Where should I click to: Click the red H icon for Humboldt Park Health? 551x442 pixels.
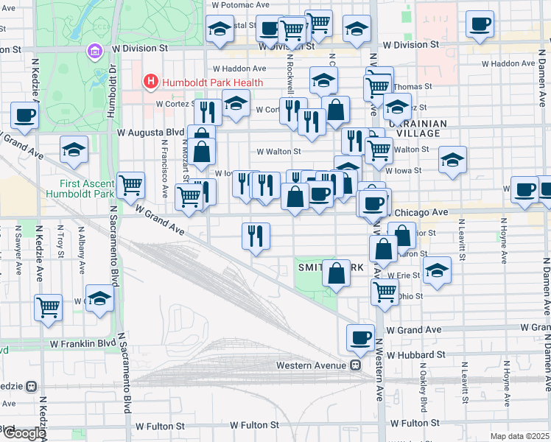[151, 81]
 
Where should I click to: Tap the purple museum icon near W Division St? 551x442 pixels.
[94, 52]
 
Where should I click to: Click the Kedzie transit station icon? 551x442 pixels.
[31, 386]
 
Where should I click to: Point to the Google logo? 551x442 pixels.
[24, 433]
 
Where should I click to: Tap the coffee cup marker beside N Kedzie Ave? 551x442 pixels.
[24, 116]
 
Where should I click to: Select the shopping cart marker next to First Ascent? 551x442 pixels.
[130, 186]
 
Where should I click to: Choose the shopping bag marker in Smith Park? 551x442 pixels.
[336, 273]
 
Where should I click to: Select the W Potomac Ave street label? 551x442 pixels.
[241, 4]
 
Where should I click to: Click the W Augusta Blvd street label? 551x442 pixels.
[150, 133]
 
